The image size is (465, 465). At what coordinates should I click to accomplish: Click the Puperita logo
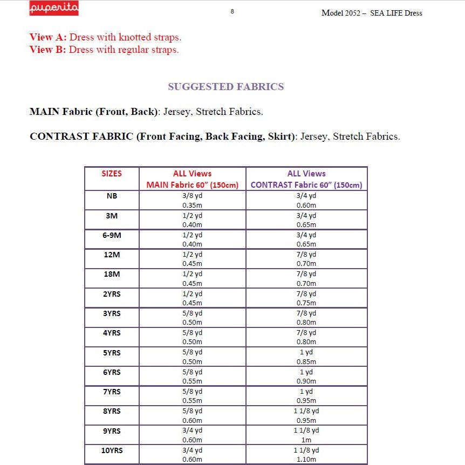point(54,9)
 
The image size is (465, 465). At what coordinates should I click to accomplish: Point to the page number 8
point(232,11)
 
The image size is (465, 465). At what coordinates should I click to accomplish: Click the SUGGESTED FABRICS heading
point(225,87)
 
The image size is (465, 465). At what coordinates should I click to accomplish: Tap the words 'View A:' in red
point(49,37)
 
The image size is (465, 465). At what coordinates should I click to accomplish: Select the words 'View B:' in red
point(49,50)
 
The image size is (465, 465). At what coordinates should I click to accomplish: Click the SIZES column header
point(112,174)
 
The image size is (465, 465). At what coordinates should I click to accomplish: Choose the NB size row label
point(112,196)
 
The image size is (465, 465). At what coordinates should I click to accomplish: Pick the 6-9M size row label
point(112,235)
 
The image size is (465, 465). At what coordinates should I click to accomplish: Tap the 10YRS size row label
point(112,450)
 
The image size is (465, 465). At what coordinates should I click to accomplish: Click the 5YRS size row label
point(112,353)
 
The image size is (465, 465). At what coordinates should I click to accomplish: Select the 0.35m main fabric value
point(192,205)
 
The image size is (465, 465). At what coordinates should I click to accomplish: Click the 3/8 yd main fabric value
point(192,196)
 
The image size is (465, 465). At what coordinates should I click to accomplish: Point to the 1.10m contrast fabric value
point(306,460)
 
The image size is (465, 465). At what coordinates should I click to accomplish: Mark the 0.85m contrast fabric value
point(306,362)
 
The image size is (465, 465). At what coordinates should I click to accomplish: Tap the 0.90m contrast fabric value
point(306,381)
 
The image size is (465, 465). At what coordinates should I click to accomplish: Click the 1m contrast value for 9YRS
point(306,440)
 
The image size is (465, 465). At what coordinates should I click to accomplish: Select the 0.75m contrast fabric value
point(306,303)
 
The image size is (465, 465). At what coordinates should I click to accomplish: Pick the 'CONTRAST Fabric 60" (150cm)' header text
point(306,185)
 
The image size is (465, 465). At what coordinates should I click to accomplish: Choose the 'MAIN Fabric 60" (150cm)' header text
point(192,185)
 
